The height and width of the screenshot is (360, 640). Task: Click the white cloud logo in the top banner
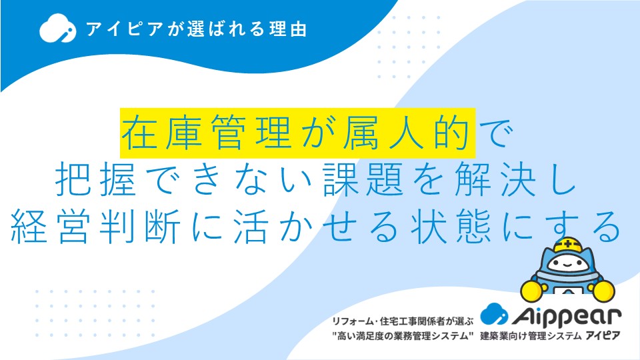click(57, 28)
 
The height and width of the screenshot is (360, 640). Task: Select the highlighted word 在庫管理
click(206, 133)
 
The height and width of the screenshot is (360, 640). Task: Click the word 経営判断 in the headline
click(95, 227)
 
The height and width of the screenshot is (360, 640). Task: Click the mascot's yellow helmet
click(568, 245)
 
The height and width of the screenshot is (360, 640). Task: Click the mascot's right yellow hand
click(603, 291)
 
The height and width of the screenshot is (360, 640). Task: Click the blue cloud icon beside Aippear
click(494, 313)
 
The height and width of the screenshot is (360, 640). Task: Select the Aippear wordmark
click(567, 316)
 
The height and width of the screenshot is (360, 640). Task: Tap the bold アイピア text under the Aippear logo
click(603, 336)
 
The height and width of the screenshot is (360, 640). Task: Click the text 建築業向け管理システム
click(531, 336)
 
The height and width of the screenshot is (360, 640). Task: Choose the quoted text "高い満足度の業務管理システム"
click(403, 336)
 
